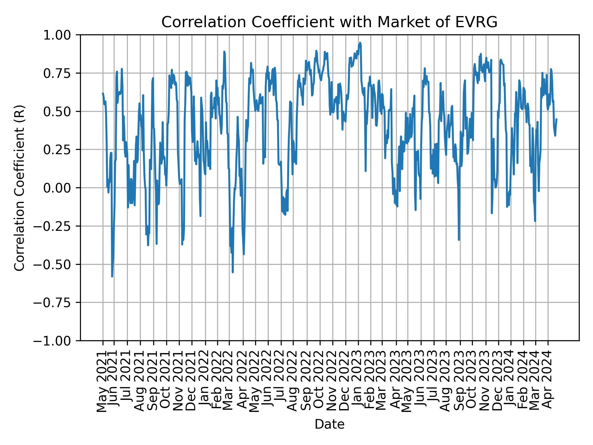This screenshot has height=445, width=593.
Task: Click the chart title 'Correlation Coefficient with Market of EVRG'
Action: [x=329, y=22]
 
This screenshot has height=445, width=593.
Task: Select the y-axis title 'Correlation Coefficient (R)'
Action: [x=19, y=188]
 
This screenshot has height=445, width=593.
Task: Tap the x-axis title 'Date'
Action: [x=329, y=425]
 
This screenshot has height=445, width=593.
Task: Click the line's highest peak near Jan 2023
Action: [x=360, y=43]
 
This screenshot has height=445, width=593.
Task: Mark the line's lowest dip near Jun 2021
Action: [x=112, y=276]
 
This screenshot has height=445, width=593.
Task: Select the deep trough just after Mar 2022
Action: [x=233, y=272]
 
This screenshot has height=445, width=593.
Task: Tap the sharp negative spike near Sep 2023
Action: [x=459, y=239]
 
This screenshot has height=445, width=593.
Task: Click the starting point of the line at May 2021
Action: [x=103, y=93]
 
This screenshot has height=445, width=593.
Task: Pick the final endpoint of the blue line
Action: [x=557, y=119]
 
